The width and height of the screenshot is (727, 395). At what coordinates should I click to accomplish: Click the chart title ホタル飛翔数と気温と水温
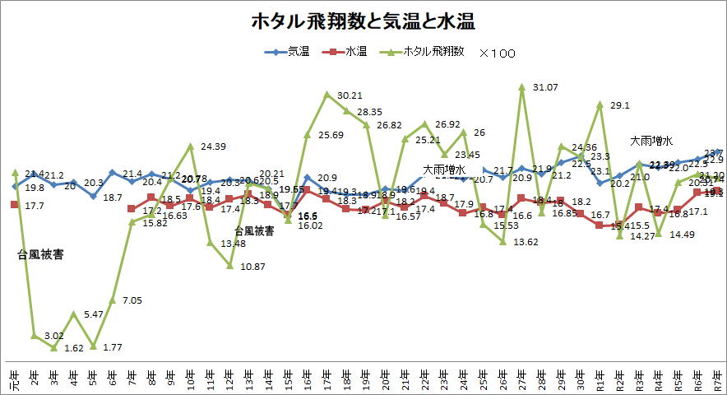[363, 21]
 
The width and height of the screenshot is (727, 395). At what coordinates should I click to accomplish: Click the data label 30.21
[350, 96]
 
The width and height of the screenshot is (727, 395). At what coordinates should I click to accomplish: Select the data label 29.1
[620, 105]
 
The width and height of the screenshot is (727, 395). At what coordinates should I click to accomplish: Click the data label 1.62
[74, 348]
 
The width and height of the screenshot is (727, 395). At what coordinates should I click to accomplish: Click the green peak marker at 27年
[522, 86]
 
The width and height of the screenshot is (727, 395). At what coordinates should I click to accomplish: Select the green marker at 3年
[53, 348]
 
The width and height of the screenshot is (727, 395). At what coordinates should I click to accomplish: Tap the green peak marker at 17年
[327, 94]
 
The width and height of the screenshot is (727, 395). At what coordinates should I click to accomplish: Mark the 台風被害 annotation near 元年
[40, 254]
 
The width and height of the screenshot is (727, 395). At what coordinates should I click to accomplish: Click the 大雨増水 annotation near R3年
[652, 141]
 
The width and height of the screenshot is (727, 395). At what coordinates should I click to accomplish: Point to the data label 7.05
[132, 278]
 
